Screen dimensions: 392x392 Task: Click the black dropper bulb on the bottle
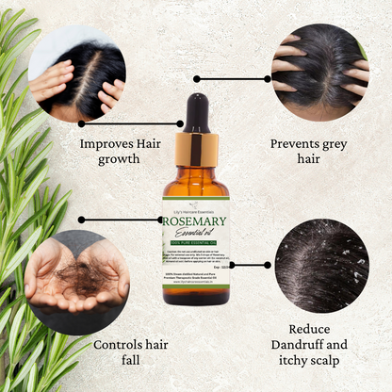(x=196, y=112)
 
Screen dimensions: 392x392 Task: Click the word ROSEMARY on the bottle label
(x=196, y=221)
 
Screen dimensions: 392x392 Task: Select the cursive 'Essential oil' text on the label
(x=196, y=236)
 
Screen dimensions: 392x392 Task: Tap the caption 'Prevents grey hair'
(x=308, y=152)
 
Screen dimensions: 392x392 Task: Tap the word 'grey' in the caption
(x=333, y=144)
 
